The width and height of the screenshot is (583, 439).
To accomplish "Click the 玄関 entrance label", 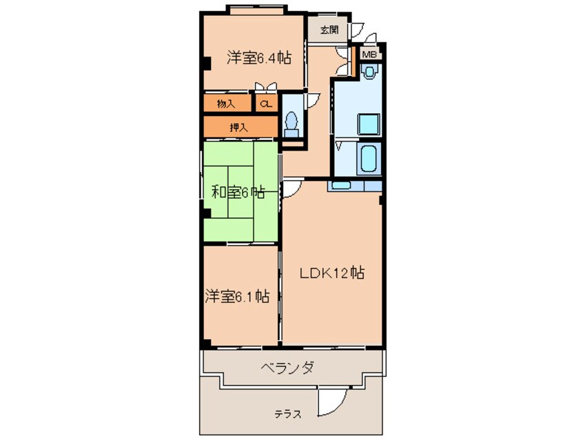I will tap(329, 30).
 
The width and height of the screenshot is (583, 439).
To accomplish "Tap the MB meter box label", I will tap(369, 54).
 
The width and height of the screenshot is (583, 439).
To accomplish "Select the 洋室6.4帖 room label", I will tap(258, 59).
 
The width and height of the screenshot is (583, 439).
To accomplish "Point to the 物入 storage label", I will tap(226, 104).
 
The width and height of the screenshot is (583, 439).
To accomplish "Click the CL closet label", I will tap(265, 104).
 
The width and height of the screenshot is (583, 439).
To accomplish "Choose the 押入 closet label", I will tap(239, 127).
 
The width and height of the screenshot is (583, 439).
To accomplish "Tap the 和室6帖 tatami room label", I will tap(237, 193).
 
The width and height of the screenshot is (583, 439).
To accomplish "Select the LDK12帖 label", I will tap(331, 273).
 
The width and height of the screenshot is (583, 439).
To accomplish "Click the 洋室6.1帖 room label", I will tap(236, 297).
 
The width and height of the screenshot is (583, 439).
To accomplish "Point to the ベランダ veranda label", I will tap(288, 367).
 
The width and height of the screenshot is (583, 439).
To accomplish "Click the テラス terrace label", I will tap(287, 414).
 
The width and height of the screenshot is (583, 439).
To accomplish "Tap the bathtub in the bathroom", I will tap(369, 160).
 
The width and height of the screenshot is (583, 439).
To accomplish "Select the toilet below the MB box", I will tap(371, 72).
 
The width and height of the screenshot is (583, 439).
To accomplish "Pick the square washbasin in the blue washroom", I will tap(368, 125).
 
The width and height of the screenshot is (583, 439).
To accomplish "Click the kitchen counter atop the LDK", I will tap(354, 186).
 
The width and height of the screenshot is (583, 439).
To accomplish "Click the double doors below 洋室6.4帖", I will tap(265, 86).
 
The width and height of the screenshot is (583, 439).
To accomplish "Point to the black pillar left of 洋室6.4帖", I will tap(205, 66).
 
